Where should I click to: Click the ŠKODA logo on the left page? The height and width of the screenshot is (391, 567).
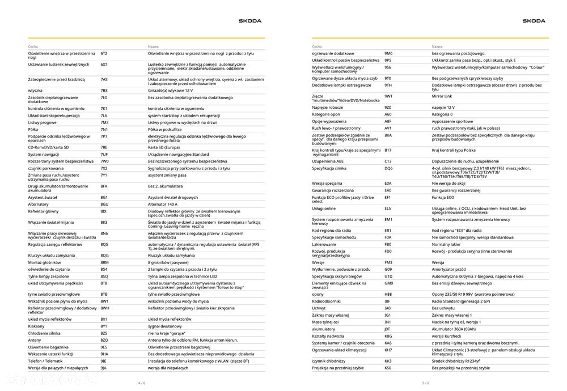[249, 21]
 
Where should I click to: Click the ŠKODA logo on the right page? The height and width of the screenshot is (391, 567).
[534, 21]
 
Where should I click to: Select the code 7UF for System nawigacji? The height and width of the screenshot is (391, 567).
[104, 154]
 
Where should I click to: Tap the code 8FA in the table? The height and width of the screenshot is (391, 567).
[104, 186]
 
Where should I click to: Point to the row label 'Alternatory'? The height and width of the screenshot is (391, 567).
[39, 204]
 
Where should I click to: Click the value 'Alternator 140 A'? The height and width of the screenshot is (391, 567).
[163, 204]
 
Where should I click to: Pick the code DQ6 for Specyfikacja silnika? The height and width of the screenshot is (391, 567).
[388, 168]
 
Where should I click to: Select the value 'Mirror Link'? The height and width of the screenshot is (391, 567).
[442, 96]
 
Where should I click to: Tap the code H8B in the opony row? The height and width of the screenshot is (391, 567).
[388, 294]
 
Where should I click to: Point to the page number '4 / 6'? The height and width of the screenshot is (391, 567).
[142, 384]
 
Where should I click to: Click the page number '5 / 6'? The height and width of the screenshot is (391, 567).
[426, 384]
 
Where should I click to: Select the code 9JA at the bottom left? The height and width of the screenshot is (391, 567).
[104, 368]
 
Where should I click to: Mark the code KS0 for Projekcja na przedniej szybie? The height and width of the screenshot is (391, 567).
[388, 368]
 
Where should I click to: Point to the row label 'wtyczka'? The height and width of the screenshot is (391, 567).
[36, 90]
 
